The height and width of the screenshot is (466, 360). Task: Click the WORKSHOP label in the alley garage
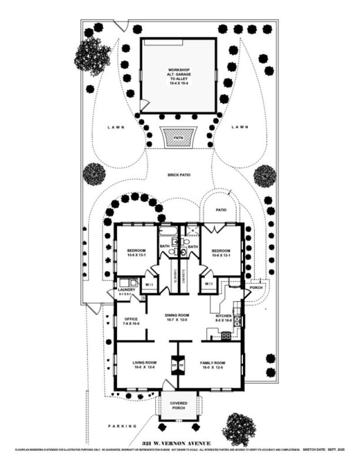(179, 70)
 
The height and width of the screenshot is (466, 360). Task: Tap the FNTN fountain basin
(179, 137)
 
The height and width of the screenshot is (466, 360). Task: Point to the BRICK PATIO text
(179, 175)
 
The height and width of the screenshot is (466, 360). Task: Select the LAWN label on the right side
(240, 127)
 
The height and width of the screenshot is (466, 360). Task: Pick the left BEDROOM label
(135, 251)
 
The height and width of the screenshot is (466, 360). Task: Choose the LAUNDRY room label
(127, 290)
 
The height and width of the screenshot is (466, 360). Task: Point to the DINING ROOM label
(177, 315)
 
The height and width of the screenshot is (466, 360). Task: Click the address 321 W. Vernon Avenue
(176, 444)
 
